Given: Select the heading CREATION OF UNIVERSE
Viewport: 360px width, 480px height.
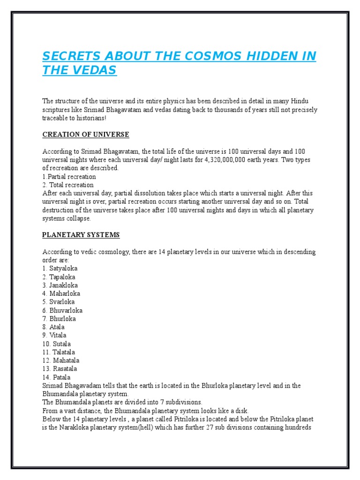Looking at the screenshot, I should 85,135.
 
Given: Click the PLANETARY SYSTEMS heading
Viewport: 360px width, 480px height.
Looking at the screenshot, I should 81,235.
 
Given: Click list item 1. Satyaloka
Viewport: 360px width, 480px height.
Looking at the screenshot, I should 60,269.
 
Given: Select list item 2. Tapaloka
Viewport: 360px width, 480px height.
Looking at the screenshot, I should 60,277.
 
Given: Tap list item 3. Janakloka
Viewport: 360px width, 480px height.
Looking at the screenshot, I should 60,285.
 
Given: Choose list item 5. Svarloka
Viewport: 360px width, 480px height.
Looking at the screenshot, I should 59,302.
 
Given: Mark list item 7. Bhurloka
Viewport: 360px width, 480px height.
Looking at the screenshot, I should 59,319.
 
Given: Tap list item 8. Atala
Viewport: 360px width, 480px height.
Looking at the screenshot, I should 53,327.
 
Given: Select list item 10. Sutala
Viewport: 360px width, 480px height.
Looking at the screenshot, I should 56,344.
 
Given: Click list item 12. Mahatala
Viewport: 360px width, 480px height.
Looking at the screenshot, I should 61,360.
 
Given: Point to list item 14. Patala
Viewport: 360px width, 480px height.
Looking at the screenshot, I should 56,377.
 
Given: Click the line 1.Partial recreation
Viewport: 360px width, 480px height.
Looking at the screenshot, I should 69,177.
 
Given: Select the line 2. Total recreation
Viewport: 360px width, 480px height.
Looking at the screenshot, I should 68,185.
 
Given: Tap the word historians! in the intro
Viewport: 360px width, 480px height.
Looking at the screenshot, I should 90,118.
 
